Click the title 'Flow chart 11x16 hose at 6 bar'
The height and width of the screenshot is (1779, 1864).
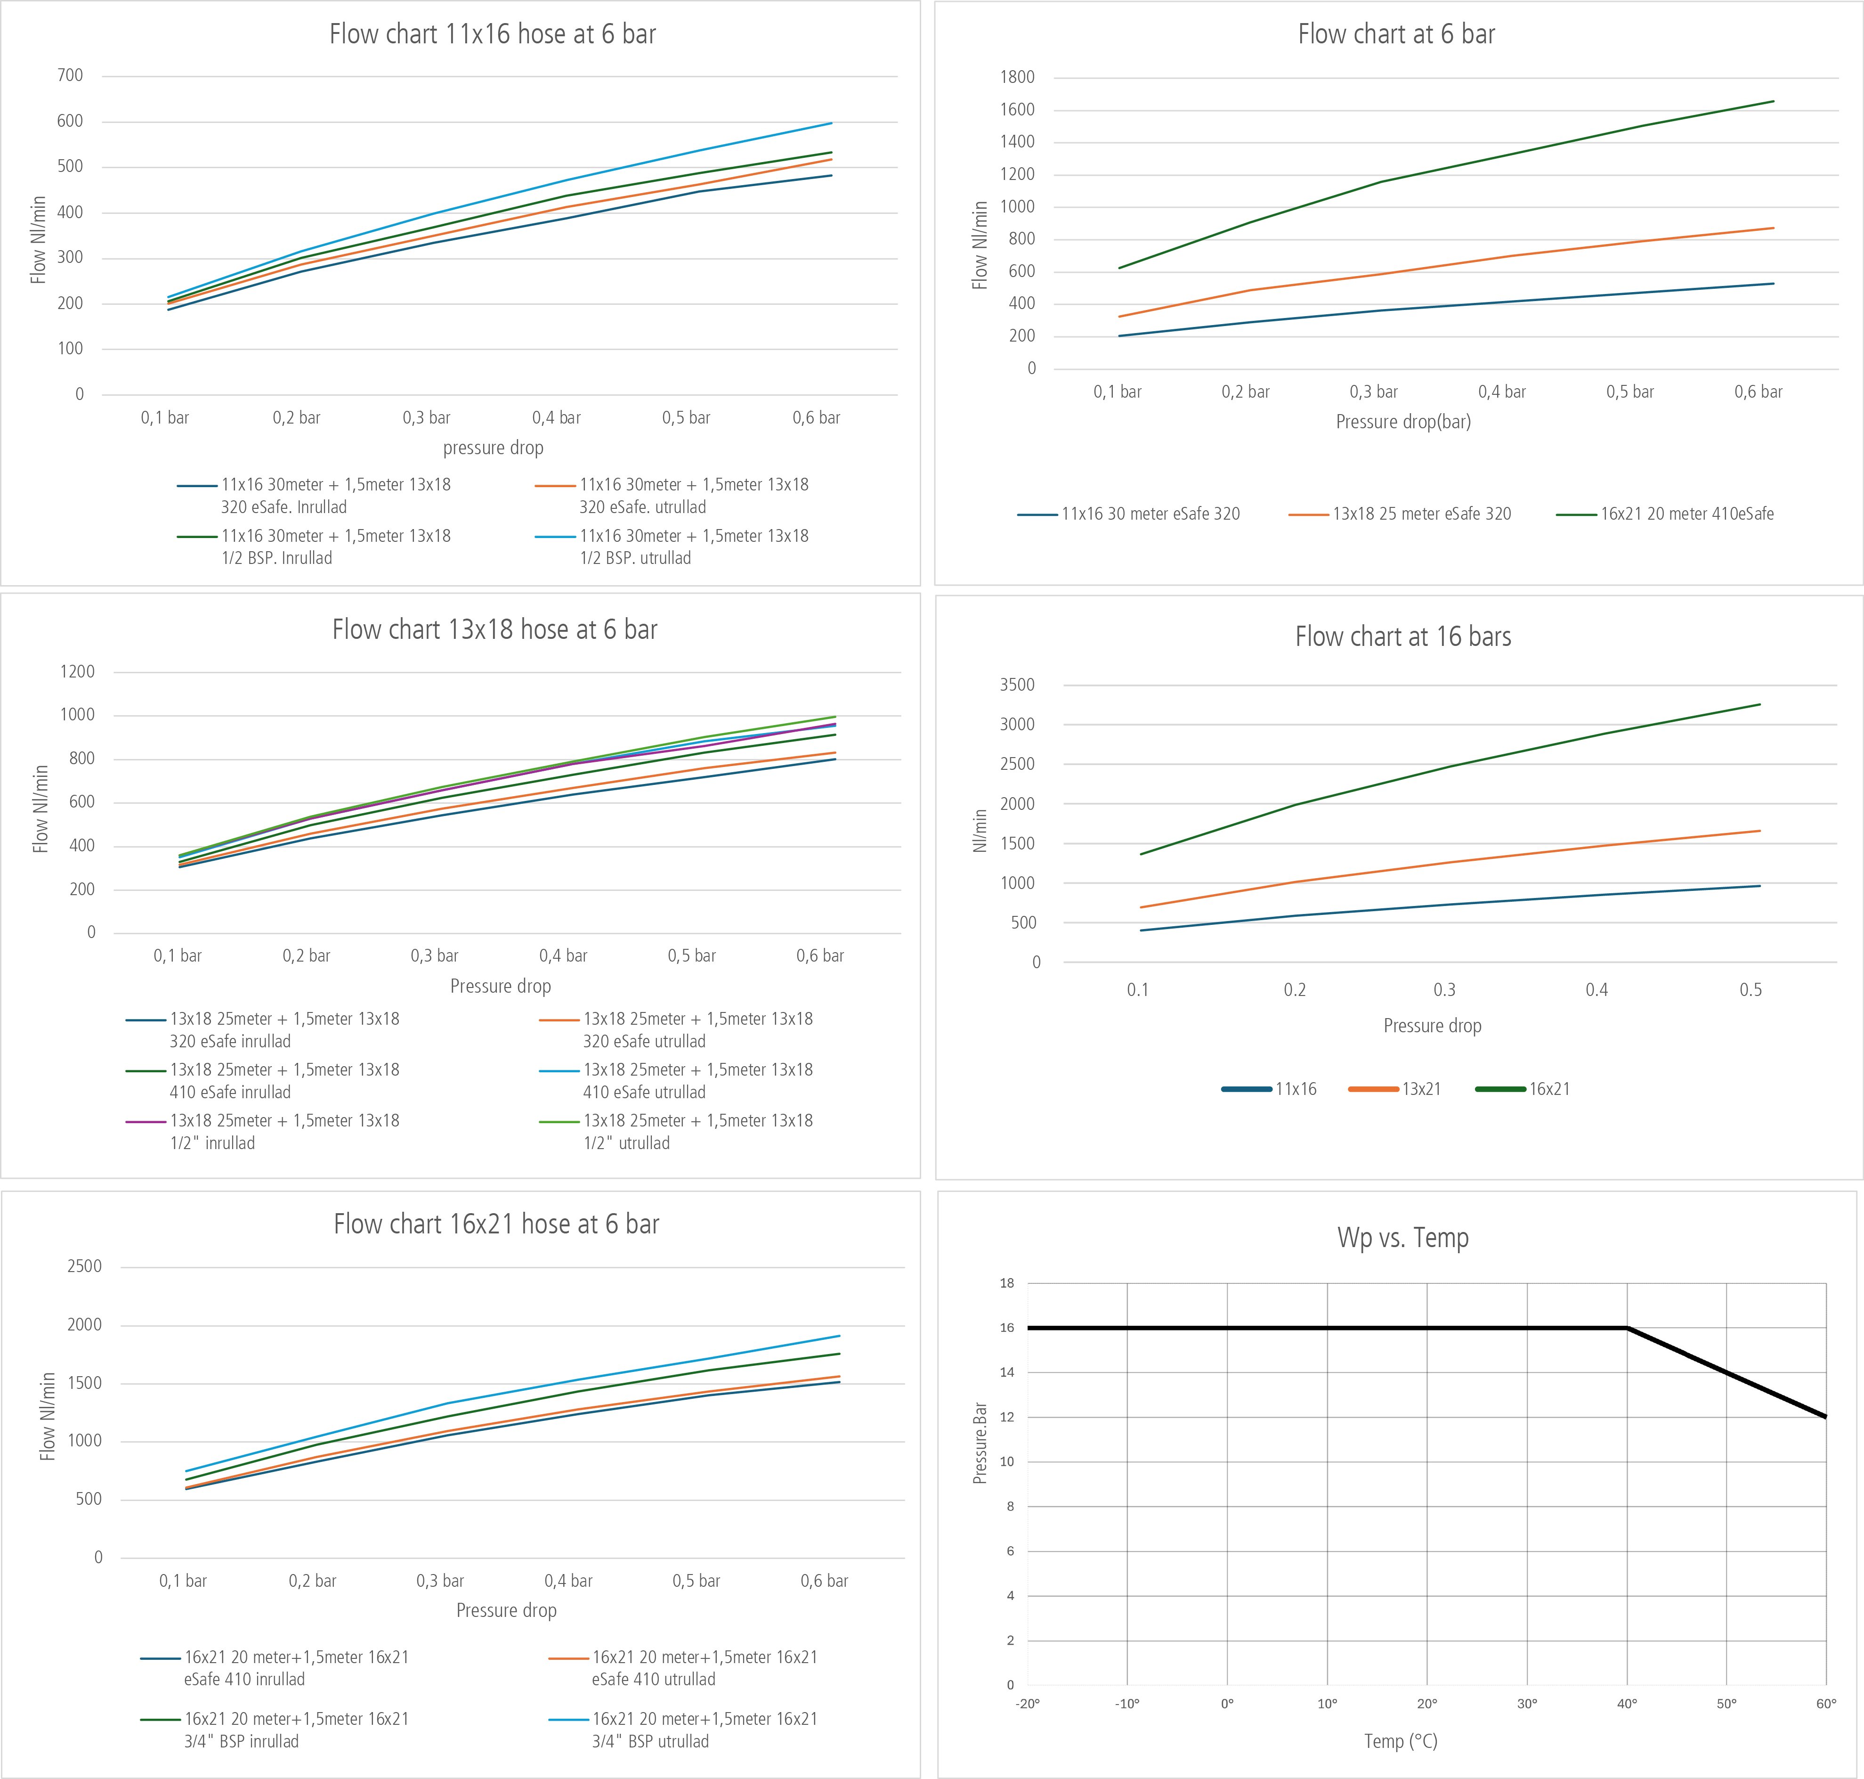[x=492, y=34]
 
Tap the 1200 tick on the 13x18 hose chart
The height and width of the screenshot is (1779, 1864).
[x=78, y=671]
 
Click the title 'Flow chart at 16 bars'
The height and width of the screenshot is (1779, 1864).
[x=1403, y=637]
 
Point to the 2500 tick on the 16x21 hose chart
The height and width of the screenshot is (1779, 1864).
[x=84, y=1266]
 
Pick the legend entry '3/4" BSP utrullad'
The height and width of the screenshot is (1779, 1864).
[x=705, y=1730]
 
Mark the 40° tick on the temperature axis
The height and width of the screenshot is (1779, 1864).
[x=1627, y=1703]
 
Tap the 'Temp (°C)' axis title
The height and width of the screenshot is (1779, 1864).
[x=1401, y=1741]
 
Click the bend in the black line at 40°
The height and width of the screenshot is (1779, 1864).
[x=1627, y=1328]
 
